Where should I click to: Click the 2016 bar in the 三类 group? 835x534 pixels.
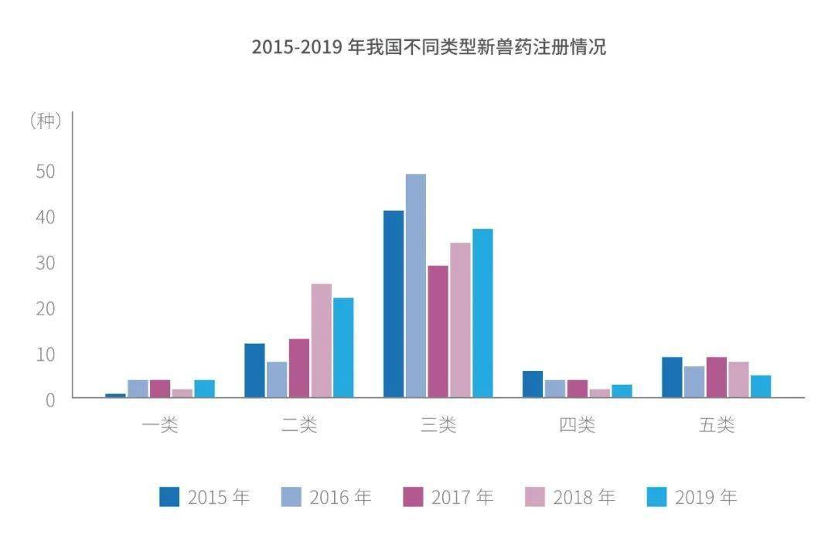(415, 285)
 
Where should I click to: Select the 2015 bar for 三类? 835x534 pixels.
(394, 304)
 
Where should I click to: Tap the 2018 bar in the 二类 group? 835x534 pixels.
(321, 341)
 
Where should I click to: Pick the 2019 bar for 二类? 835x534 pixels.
(343, 348)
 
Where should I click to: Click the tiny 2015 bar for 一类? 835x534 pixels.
(115, 396)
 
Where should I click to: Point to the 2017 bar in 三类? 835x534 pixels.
(438, 332)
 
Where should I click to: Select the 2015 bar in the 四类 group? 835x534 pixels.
(533, 384)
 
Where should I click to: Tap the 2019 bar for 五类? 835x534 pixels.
(761, 386)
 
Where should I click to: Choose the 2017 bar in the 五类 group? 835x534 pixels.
(716, 377)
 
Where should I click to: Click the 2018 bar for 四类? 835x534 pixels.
(600, 393)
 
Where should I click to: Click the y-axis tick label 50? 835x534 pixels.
(46, 171)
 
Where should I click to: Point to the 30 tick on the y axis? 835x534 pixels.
(46, 263)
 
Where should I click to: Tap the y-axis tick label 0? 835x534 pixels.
(50, 400)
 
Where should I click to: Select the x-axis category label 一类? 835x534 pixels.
(160, 425)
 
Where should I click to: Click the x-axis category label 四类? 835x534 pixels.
(578, 425)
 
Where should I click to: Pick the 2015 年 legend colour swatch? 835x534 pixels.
(169, 497)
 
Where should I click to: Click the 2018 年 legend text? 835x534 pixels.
(584, 497)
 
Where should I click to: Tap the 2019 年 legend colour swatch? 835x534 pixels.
(656, 497)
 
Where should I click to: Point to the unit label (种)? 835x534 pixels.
(46, 121)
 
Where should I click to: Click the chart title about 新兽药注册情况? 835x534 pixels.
(428, 47)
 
